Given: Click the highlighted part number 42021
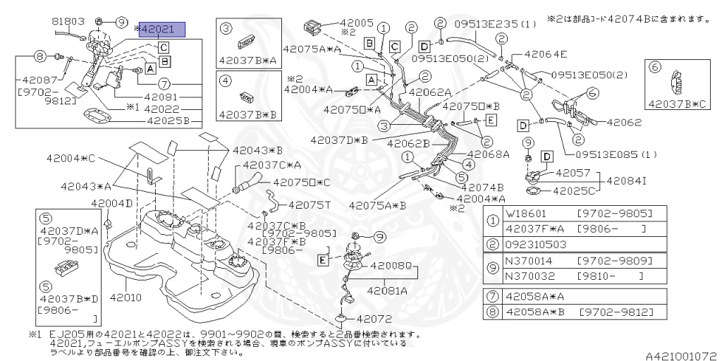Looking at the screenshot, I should pos(163,30).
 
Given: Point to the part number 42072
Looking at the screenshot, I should pos(374,319).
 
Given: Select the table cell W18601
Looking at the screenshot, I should pos(526,212).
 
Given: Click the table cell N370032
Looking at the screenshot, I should pos(527,276).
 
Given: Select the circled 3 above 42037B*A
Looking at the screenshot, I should pos(226,28).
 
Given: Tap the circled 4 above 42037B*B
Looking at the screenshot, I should pos(226,80).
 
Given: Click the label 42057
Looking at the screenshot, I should pos(573,172).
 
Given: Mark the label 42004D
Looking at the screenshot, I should pos(111,204).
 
